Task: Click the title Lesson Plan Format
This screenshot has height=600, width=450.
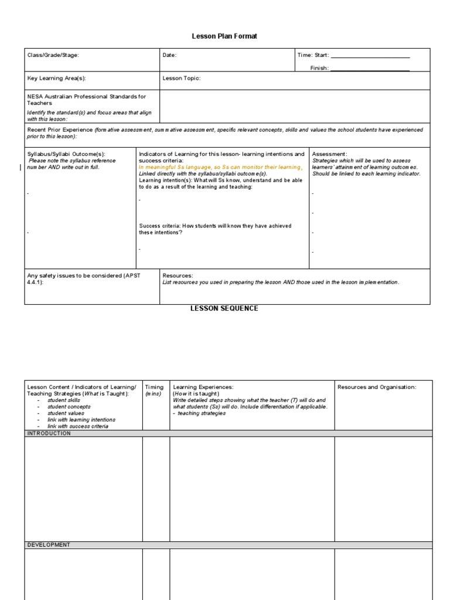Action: pyautogui.click(x=224, y=36)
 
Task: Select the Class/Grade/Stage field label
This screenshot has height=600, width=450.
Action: pyautogui.click(x=53, y=55)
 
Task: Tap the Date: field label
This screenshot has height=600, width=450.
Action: pyautogui.click(x=169, y=55)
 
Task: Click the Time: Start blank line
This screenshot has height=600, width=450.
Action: pyautogui.click(x=370, y=56)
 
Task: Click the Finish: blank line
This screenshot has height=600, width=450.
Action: pyautogui.click(x=370, y=69)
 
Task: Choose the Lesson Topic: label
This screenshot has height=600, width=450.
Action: pyautogui.click(x=181, y=77)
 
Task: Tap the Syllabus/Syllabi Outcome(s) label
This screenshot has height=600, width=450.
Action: pyautogui.click(x=66, y=154)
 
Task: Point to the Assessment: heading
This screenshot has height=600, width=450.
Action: pyautogui.click(x=329, y=154)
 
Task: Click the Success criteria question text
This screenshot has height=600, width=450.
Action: pyautogui.click(x=215, y=229)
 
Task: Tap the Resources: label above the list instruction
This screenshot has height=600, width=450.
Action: pyautogui.click(x=178, y=275)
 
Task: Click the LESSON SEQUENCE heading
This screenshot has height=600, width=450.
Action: pyautogui.click(x=224, y=308)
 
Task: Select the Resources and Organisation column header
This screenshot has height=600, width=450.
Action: pyautogui.click(x=377, y=387)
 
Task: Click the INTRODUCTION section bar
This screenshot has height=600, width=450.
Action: pyautogui.click(x=49, y=434)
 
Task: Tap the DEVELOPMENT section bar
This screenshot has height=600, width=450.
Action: pyautogui.click(x=49, y=545)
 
